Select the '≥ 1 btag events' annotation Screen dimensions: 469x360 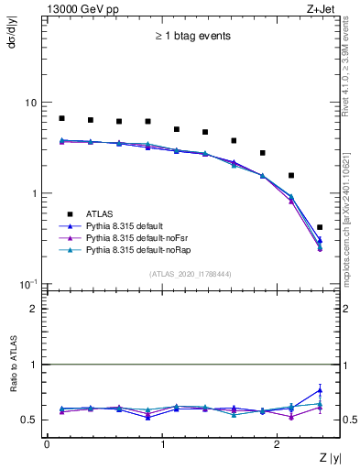coord(191,37)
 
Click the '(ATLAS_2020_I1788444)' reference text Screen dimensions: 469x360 coord(191,274)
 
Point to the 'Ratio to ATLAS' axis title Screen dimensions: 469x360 coord(12,393)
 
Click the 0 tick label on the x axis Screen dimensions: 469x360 coord(47,444)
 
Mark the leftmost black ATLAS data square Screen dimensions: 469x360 coord(61,118)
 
